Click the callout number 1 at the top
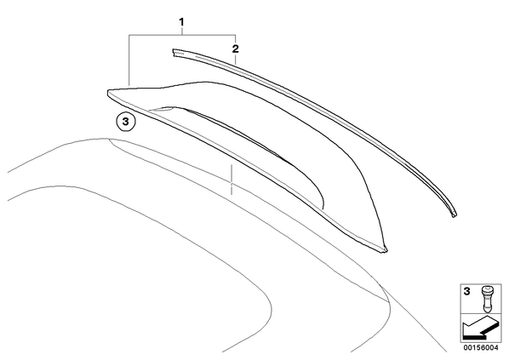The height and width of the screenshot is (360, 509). [x=181, y=22]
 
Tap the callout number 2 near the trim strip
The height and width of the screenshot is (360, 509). [x=235, y=49]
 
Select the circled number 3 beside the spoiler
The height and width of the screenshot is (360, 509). [x=126, y=122]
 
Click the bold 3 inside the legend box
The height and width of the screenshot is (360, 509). [x=466, y=292]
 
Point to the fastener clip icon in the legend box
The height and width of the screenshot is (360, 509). [x=486, y=299]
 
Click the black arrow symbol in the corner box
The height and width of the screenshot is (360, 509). [x=479, y=329]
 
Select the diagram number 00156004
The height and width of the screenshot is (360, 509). [x=480, y=348]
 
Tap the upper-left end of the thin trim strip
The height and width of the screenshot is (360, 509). [x=173, y=54]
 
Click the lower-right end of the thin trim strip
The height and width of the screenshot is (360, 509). [x=455, y=215]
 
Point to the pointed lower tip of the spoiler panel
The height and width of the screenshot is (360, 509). [x=386, y=249]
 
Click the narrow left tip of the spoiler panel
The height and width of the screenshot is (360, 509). [x=108, y=93]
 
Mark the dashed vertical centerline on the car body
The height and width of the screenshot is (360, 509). [x=232, y=180]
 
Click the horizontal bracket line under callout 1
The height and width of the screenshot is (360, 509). [x=182, y=34]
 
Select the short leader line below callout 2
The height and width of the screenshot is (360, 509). [x=235, y=60]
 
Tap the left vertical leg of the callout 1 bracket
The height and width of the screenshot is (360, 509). [x=129, y=60]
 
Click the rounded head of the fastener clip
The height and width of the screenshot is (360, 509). [x=486, y=289]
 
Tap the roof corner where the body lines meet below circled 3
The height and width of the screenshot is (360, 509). [x=110, y=140]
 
